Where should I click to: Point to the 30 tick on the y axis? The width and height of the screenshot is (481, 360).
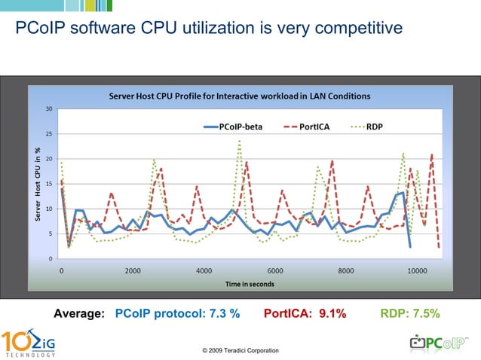tap(49, 109)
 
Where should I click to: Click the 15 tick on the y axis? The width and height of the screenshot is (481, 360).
tap(49, 184)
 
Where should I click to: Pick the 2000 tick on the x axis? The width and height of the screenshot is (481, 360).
tap(133, 270)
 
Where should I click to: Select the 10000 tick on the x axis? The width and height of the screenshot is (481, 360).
tap(417, 270)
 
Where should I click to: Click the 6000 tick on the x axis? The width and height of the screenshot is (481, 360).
tap(275, 270)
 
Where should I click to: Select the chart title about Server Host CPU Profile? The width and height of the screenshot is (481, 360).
tap(240, 96)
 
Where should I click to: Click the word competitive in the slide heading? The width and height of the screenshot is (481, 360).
tap(354, 29)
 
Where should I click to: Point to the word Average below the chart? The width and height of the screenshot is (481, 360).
tap(78, 313)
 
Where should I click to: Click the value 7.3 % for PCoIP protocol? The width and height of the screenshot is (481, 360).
tap(222, 313)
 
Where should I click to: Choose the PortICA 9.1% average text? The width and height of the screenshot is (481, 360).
tap(305, 313)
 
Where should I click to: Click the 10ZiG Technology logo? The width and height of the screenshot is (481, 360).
tap(28, 342)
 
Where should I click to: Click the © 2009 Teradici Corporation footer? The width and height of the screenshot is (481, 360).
tap(240, 350)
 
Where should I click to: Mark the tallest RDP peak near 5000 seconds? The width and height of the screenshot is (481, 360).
tap(240, 141)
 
